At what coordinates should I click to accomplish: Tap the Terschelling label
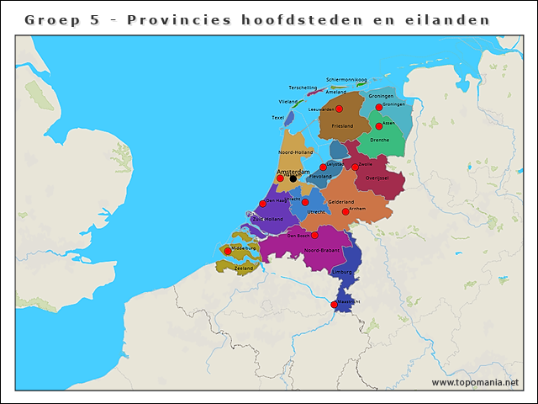click(x=303, y=88)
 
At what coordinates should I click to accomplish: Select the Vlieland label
click(x=288, y=102)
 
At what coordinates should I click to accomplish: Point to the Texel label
click(x=278, y=118)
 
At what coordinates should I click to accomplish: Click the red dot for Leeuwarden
click(x=339, y=109)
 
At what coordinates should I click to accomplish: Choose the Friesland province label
click(x=342, y=126)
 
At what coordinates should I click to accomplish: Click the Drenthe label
click(x=379, y=141)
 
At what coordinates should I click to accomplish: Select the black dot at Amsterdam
click(x=293, y=178)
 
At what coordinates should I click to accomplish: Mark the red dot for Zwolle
click(x=355, y=167)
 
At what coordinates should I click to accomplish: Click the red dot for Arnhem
click(x=345, y=211)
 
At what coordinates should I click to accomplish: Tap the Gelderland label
click(x=340, y=202)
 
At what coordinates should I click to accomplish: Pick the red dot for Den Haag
click(x=262, y=204)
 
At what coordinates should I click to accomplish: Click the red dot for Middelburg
click(x=227, y=251)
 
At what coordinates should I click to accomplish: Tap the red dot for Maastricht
click(x=334, y=305)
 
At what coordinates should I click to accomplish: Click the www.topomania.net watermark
click(x=475, y=383)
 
